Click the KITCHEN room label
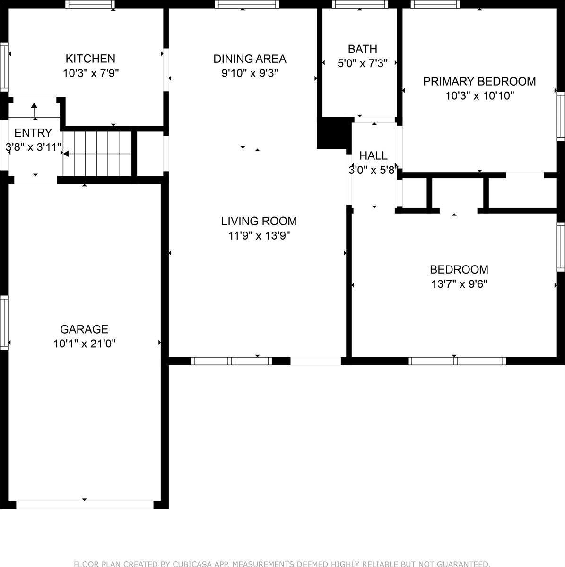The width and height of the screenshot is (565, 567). [x=90, y=59]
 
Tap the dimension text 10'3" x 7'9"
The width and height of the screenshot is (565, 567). [x=90, y=73]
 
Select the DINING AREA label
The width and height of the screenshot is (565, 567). [x=250, y=59]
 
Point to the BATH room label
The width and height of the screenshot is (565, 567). [x=363, y=49]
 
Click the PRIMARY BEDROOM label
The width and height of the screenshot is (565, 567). [x=479, y=81]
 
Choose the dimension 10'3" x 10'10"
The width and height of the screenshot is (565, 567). [x=479, y=96]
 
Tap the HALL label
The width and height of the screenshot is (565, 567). [x=374, y=155]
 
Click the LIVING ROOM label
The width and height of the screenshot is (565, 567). [x=259, y=221]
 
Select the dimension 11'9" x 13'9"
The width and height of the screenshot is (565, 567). [x=259, y=235]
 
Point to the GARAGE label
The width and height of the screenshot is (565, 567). [x=84, y=329]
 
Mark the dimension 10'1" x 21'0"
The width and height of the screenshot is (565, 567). [x=84, y=344]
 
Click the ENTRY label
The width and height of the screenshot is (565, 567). [x=33, y=132]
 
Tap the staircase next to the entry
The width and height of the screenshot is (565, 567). [x=97, y=153]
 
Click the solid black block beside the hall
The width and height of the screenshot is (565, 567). [x=333, y=133]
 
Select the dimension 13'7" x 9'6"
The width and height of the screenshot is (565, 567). [x=459, y=284]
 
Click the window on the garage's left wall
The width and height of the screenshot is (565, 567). [x=4, y=322]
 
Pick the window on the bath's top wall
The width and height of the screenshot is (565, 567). [x=360, y=4]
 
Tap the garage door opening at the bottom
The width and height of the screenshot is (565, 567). [x=85, y=505]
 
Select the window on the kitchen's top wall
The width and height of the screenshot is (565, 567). [x=89, y=4]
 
